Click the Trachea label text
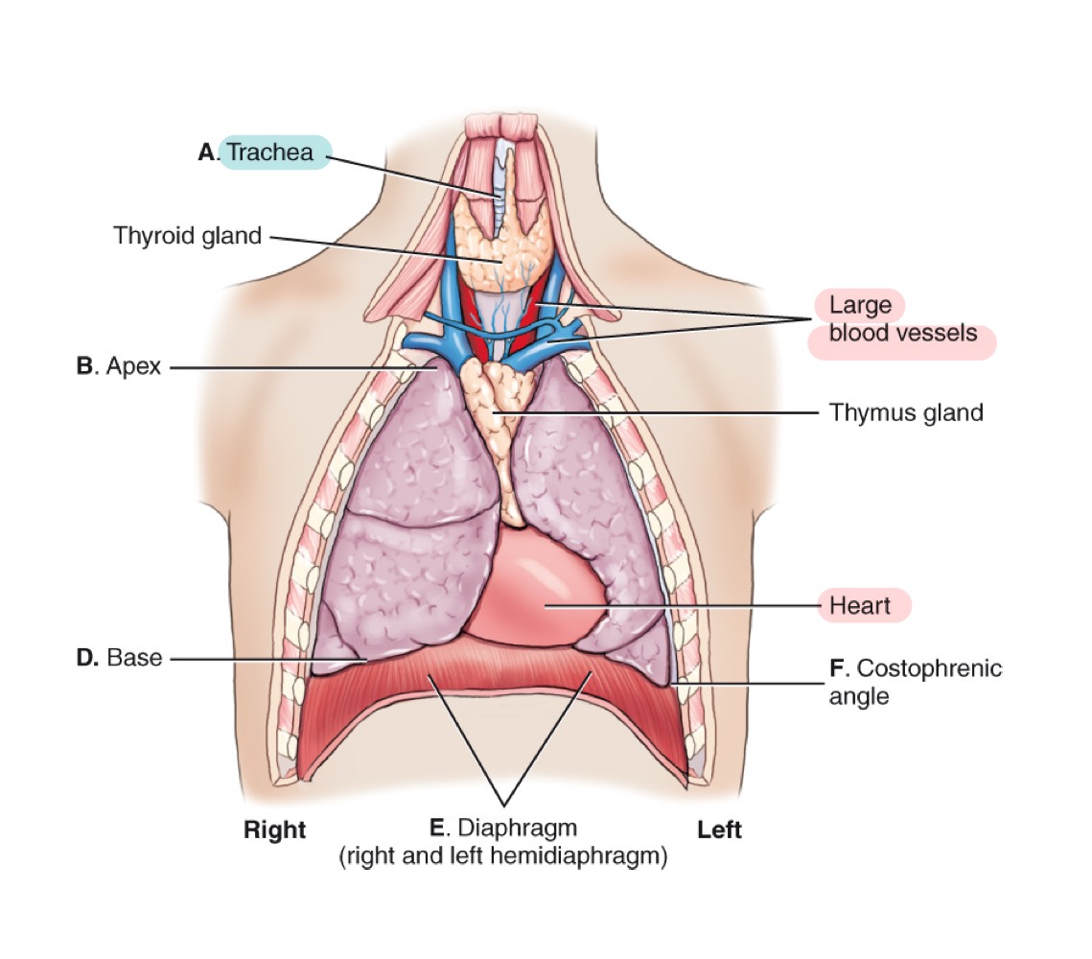click(270, 152)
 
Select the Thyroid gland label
click(188, 235)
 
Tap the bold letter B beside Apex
click(83, 365)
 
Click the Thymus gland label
click(906, 412)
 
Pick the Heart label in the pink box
click(860, 605)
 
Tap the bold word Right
click(274, 830)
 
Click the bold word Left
click(719, 830)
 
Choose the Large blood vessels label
click(901, 319)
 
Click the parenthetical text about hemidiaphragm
click(503, 854)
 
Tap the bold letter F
click(835, 667)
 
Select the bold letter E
click(438, 827)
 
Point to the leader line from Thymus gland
click(671, 413)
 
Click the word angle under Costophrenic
click(858, 696)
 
